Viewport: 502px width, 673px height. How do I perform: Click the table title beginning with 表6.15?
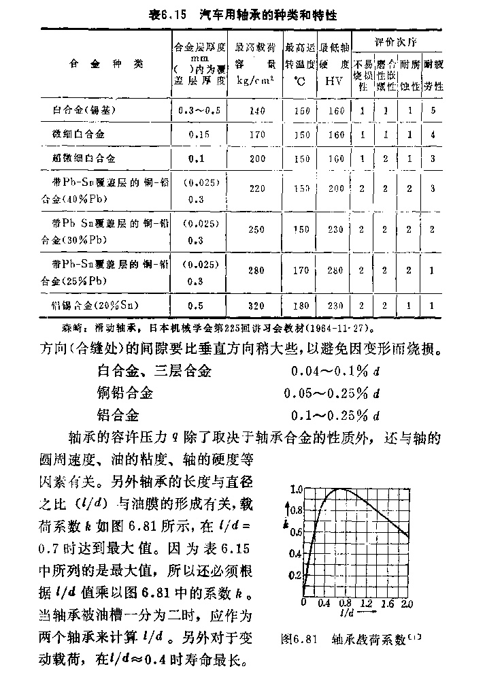click(251, 14)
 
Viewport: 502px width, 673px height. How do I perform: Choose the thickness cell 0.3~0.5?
click(199, 110)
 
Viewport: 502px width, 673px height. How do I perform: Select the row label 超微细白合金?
click(84, 158)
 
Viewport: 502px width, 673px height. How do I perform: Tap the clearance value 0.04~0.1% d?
click(331, 372)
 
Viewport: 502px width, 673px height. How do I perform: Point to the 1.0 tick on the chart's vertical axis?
click(295, 489)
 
